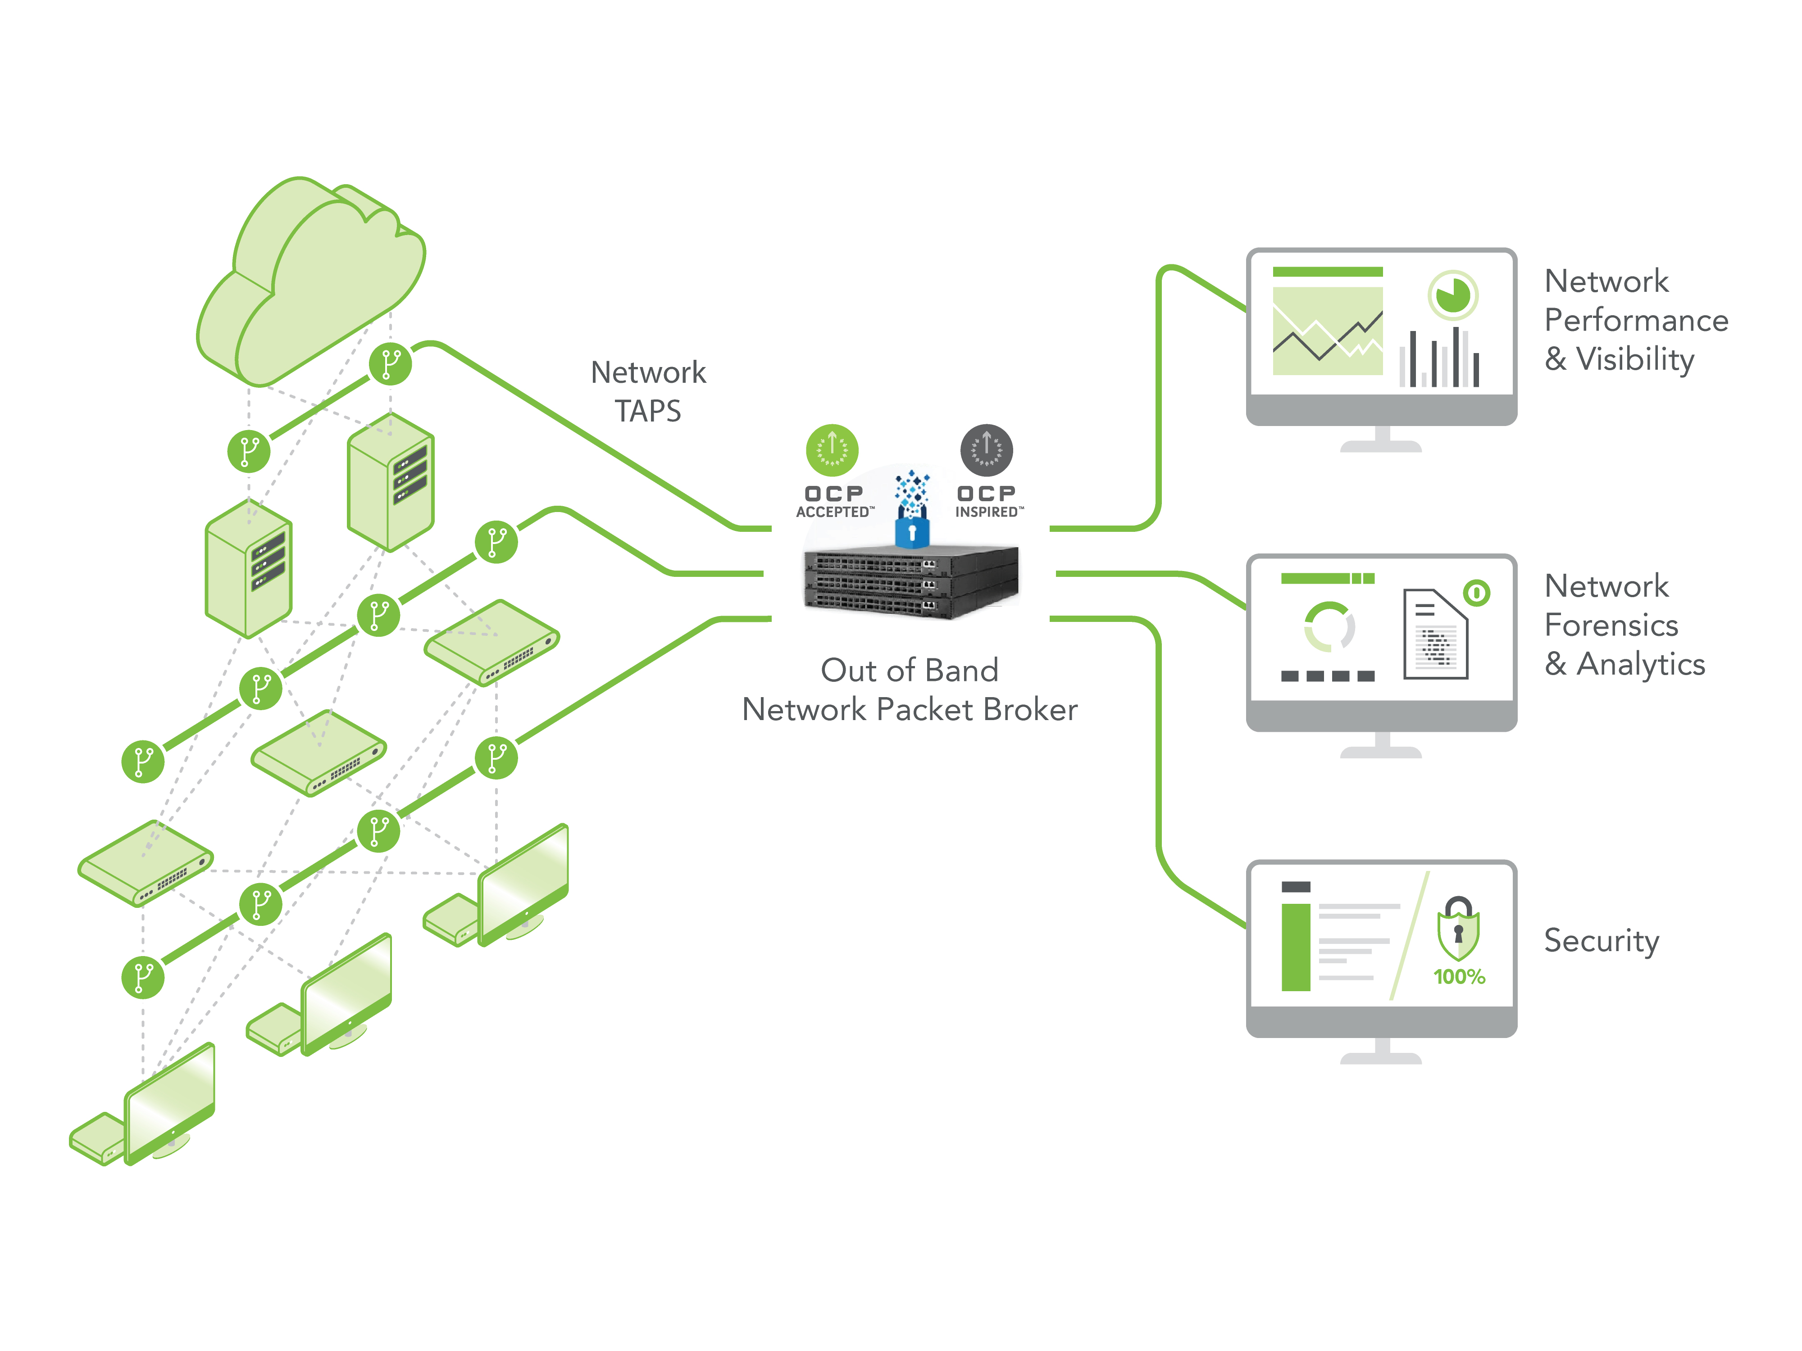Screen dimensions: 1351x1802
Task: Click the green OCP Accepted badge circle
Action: point(832,449)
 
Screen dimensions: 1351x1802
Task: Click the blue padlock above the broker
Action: point(912,533)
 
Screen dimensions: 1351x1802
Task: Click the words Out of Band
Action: point(909,670)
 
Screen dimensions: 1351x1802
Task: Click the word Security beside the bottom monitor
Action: point(1601,941)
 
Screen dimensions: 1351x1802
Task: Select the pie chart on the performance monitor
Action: point(1452,295)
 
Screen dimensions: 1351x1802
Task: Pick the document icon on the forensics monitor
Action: point(1434,635)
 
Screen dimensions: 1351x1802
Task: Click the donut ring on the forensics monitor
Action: point(1329,626)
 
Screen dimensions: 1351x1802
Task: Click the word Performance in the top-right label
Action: point(1636,320)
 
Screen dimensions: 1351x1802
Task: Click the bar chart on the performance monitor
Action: point(1438,358)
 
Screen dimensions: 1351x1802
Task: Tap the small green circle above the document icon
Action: point(1476,592)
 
